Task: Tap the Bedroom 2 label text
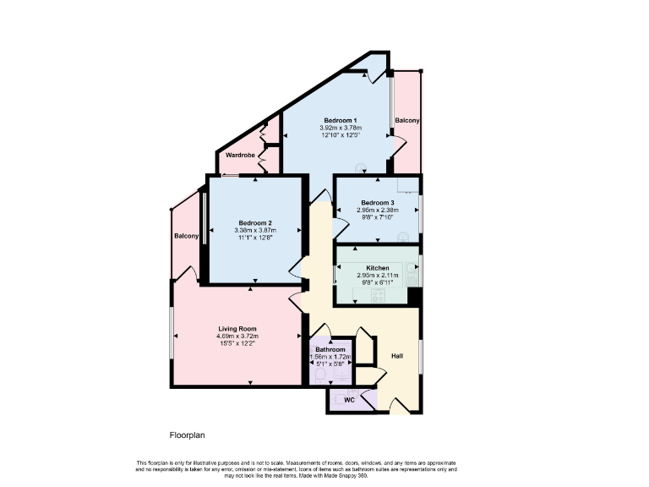coord(254,223)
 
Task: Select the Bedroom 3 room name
coord(378,203)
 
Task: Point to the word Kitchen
coord(378,267)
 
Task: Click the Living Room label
coord(237,329)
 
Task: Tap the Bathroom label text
coord(330,349)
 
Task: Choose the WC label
coord(348,400)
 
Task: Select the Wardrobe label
coord(240,156)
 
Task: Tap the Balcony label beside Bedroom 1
coord(406,121)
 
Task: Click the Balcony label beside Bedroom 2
coord(186,237)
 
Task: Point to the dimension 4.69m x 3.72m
coord(237,337)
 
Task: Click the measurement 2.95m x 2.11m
coord(378,275)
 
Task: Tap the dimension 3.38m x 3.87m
coord(254,231)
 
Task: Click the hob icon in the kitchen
coord(376,295)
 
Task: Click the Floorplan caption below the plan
coord(188,435)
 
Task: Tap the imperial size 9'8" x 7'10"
coord(378,218)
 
